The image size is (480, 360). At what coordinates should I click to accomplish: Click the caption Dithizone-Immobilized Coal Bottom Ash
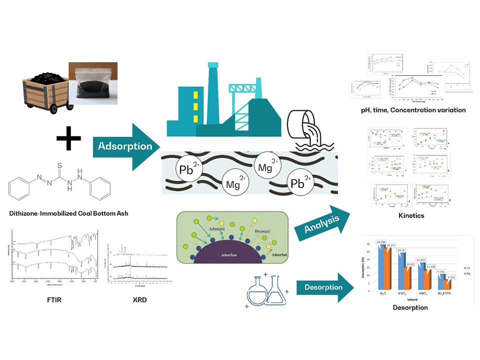[65, 213]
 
